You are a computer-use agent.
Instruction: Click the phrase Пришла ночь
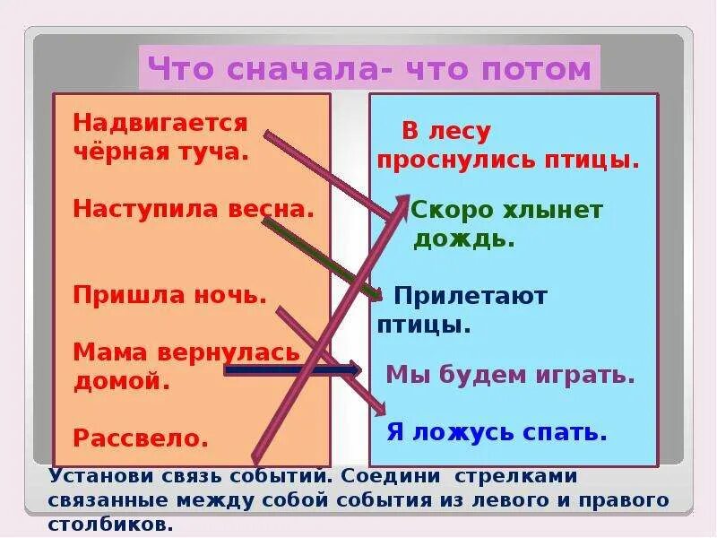(170, 295)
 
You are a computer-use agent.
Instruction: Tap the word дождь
(464, 239)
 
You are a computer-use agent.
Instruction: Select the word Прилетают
(470, 295)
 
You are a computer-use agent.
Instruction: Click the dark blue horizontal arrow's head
(355, 369)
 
